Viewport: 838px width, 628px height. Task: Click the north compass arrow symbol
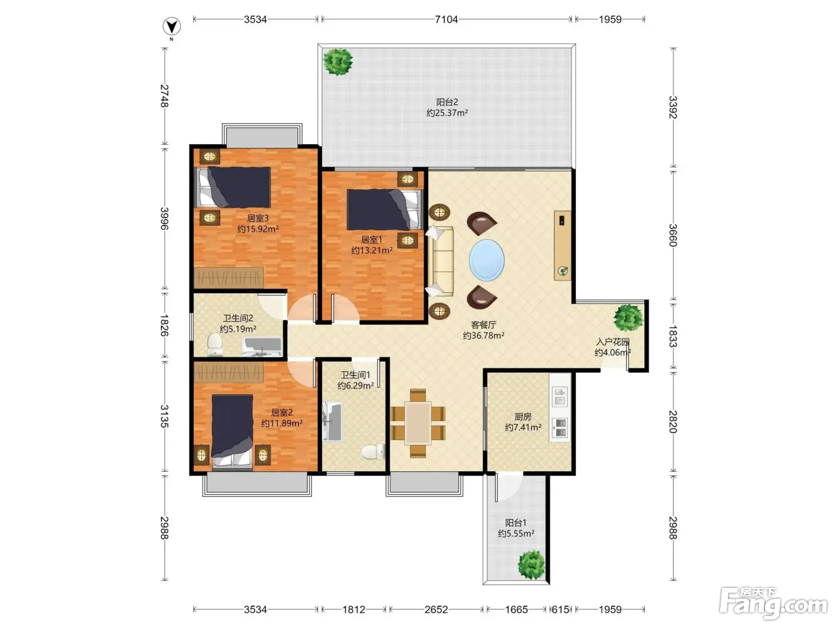(x=171, y=27)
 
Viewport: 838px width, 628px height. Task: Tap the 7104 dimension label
(x=446, y=19)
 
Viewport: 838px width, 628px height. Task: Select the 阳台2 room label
(x=447, y=102)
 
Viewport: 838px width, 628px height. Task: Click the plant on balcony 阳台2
(x=338, y=62)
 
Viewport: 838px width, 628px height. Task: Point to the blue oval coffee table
(x=487, y=260)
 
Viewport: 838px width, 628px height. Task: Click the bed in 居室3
(x=233, y=187)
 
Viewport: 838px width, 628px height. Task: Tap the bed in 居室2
(x=232, y=431)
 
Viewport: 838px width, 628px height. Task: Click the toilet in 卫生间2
(x=214, y=345)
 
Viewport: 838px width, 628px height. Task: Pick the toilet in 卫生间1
(x=373, y=452)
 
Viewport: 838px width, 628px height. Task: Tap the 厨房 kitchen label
(x=523, y=416)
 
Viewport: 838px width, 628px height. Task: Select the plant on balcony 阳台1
(x=532, y=565)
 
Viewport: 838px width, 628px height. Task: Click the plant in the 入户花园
(x=628, y=318)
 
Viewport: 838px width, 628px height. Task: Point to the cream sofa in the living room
(x=441, y=261)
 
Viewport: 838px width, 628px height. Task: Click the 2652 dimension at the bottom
(x=436, y=609)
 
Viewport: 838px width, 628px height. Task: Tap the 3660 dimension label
(x=673, y=235)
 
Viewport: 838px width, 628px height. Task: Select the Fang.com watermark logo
(x=773, y=603)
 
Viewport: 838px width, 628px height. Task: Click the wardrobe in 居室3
(x=229, y=278)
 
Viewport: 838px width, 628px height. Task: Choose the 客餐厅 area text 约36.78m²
(x=483, y=336)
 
